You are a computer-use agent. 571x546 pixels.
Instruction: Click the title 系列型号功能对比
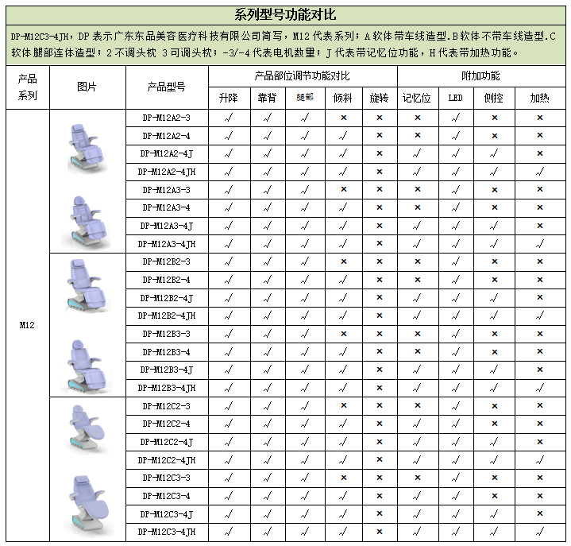[285, 14]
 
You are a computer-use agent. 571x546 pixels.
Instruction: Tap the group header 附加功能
[480, 76]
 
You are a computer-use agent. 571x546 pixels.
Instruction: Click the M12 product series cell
[27, 325]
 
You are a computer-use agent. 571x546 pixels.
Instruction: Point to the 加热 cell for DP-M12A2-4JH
[539, 172]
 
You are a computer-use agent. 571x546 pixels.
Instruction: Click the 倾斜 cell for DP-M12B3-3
[343, 334]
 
